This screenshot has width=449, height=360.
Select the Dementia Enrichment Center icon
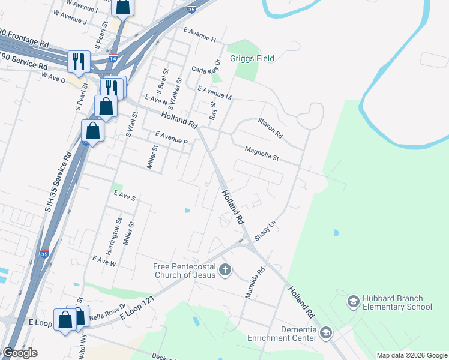pyautogui.click(x=326, y=332)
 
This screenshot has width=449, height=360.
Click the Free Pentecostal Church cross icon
pyautogui.click(x=225, y=269)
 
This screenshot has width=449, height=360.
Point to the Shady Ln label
pyautogui.click(x=265, y=230)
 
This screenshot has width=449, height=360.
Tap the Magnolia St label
pyautogui.click(x=262, y=153)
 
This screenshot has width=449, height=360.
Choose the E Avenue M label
pyautogui.click(x=214, y=92)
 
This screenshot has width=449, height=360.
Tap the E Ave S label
pyautogui.click(x=125, y=196)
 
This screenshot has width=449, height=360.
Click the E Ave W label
pyautogui.click(x=104, y=262)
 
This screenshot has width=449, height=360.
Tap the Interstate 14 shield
pyautogui.click(x=113, y=58)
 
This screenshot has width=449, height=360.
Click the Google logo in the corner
pyautogui.click(x=20, y=353)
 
